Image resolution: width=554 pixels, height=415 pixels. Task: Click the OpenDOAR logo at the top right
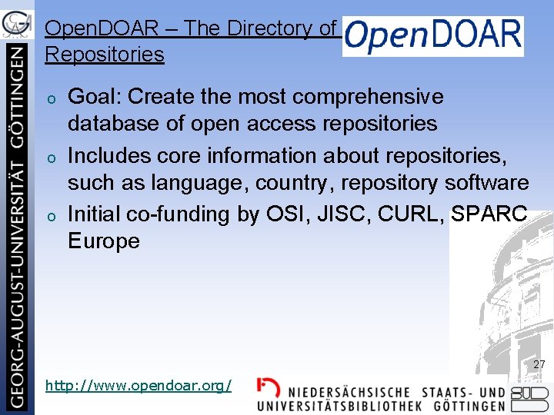click(432, 35)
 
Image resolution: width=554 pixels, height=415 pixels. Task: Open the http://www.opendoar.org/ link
click(138, 385)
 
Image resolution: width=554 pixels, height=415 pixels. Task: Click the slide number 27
click(539, 364)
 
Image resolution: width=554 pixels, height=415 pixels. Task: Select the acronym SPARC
click(489, 214)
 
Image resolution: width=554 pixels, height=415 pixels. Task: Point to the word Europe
click(103, 241)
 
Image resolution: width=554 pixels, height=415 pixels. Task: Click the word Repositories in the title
click(105, 55)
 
